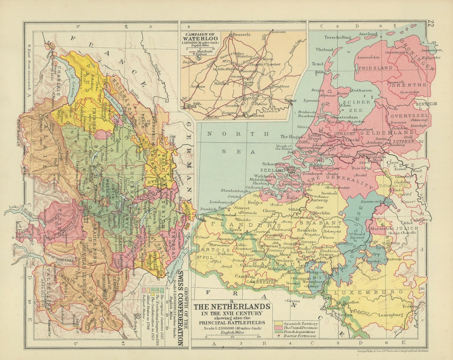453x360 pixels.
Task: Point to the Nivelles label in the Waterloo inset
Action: pos(221,83)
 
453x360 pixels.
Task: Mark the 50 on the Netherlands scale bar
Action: pos(259,337)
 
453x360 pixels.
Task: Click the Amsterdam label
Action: pos(345,117)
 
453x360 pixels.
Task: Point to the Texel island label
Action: pos(317,64)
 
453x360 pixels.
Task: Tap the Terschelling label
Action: pos(338,37)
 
